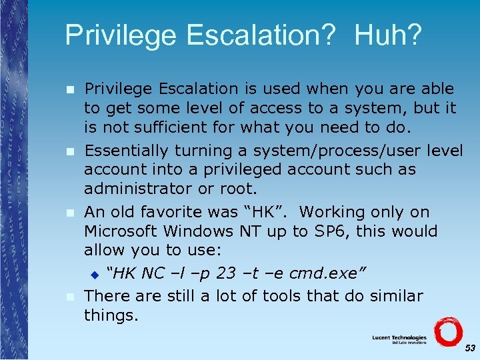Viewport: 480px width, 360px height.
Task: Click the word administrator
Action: pos(135,189)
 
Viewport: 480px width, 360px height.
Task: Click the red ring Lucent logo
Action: pos(447,333)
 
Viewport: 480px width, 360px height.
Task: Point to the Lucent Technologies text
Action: pos(399,338)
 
